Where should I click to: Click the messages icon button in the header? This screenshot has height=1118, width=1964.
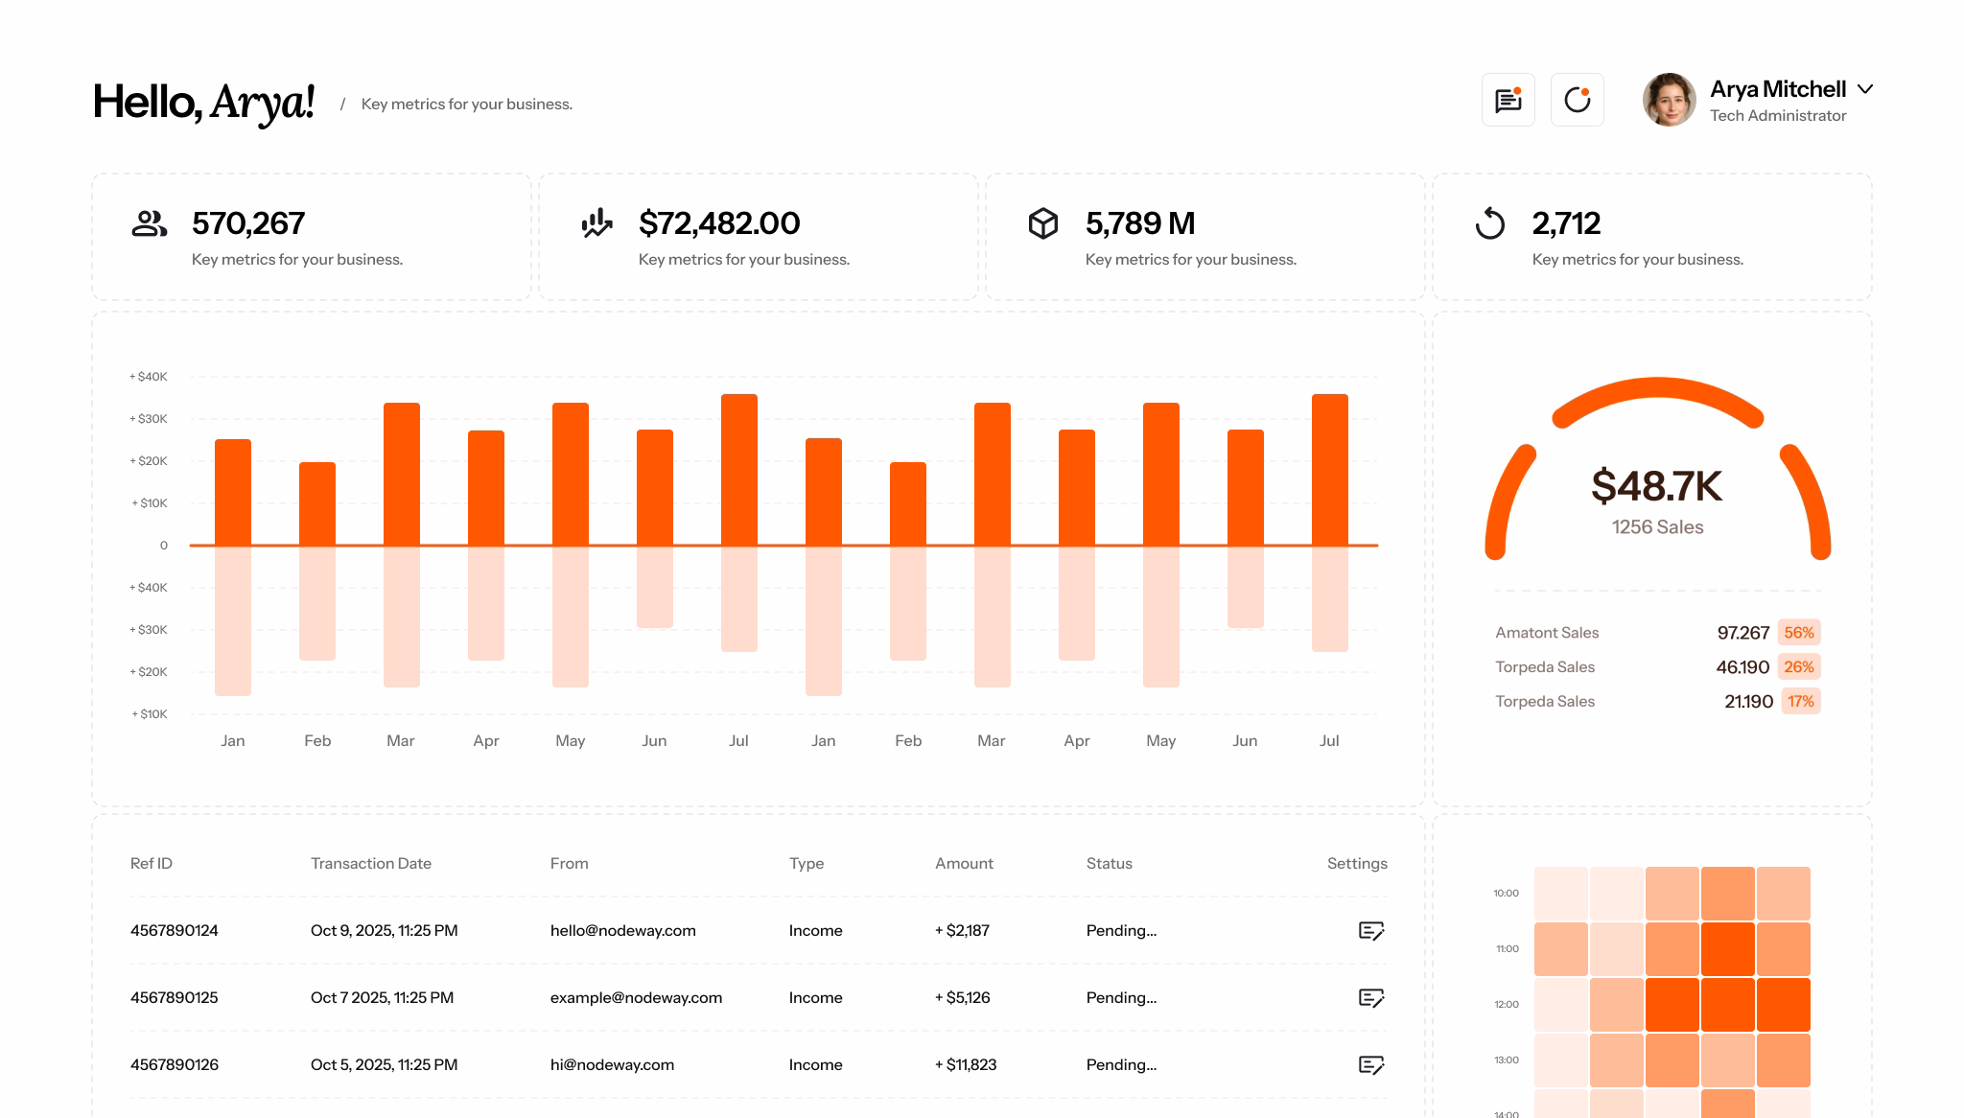coord(1508,100)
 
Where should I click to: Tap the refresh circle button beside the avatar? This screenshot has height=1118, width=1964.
coord(1577,100)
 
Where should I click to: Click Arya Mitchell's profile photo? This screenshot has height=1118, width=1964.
coord(1669,100)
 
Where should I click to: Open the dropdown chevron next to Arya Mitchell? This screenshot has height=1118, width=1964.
coord(1864,89)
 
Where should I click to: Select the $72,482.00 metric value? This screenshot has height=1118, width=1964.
coord(719,223)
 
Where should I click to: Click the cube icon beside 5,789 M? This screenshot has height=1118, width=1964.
coord(1042,223)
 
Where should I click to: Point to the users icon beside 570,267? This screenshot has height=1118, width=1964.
coord(149,223)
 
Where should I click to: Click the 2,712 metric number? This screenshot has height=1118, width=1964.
coord(1566,223)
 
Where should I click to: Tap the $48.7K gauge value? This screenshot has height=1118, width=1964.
coord(1656,486)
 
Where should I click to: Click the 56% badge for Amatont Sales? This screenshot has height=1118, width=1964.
coord(1798,633)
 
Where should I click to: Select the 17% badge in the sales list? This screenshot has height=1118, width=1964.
coord(1800,702)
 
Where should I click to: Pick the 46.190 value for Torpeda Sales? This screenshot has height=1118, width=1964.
coord(1742,667)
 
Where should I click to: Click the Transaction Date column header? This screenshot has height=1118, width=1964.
coord(370,864)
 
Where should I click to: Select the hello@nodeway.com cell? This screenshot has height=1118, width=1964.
coord(622,931)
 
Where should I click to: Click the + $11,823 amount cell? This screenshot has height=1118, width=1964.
coord(966,1065)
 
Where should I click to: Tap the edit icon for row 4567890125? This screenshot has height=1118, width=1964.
coord(1371,998)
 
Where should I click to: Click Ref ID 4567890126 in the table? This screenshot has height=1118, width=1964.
coord(175,1065)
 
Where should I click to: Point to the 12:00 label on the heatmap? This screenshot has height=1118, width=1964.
coord(1506,1005)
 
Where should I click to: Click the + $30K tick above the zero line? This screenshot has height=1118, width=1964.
coord(149,419)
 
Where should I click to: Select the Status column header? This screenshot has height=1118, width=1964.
coord(1109,864)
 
